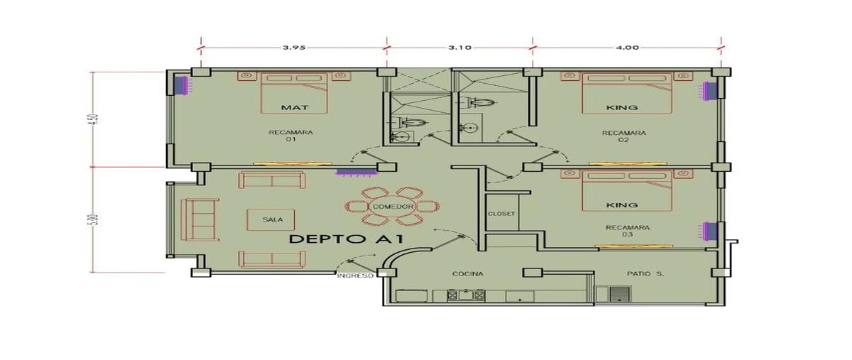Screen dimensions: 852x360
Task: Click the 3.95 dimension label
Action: (294, 48)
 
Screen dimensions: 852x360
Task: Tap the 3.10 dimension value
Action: (460, 48)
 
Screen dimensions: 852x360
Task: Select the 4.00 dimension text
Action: (627, 48)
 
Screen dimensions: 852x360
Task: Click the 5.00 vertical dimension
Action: (94, 219)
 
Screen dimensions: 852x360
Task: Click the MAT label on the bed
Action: (295, 108)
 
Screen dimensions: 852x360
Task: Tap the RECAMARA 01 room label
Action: (291, 136)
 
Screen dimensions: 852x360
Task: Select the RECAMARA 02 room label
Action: (624, 136)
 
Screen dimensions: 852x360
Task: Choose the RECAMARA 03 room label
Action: (628, 231)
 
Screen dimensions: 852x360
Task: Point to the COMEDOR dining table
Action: (393, 207)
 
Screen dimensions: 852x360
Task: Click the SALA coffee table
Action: (271, 219)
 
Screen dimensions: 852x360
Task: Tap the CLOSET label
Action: (501, 214)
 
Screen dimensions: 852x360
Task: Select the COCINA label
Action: (468, 274)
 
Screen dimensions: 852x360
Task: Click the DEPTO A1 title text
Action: (346, 239)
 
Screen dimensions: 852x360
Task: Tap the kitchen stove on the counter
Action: (466, 295)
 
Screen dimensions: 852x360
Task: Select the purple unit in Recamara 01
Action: (181, 86)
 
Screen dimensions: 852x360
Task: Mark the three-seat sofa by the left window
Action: (200, 219)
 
